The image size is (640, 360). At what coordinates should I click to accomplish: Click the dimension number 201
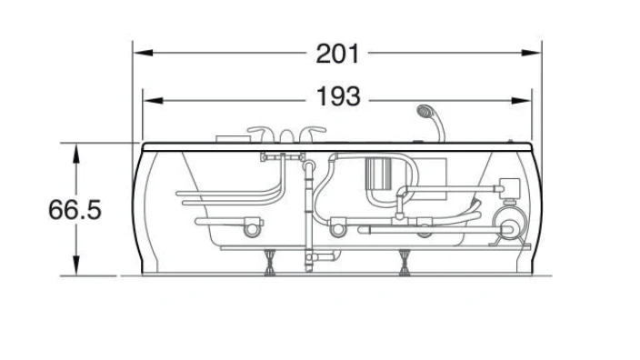click(x=337, y=54)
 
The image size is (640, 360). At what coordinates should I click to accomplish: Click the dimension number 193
click(x=338, y=96)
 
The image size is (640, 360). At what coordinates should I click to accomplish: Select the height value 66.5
click(x=75, y=210)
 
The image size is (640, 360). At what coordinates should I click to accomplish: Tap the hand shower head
click(x=425, y=110)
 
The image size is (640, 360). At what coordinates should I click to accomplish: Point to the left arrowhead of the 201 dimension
click(x=144, y=53)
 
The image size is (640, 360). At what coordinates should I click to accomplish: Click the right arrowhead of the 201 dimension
click(x=531, y=53)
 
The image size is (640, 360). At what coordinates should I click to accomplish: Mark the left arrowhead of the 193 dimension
click(x=154, y=100)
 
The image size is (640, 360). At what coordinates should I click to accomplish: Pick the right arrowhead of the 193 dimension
click(x=521, y=100)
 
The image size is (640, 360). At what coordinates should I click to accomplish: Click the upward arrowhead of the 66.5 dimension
click(x=76, y=154)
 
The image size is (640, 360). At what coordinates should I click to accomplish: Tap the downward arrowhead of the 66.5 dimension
click(x=76, y=265)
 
